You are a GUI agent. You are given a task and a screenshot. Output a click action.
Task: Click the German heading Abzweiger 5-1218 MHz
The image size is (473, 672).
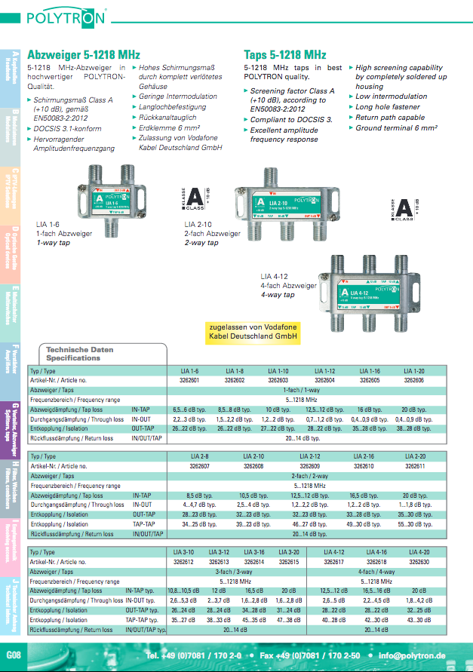84,55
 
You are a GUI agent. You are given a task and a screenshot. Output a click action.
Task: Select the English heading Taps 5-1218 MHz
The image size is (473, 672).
285,55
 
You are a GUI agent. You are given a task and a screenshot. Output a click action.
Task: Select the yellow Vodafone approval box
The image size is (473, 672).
253,331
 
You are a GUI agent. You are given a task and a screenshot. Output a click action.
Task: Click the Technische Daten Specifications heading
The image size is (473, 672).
79,354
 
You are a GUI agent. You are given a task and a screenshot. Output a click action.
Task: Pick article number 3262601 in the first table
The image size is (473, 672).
189,381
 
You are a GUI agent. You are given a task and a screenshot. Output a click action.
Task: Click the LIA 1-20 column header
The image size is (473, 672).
413,371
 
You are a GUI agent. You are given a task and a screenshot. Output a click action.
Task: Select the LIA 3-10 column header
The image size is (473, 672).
185,553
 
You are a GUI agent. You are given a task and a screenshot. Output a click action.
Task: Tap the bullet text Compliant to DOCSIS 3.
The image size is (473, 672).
291,119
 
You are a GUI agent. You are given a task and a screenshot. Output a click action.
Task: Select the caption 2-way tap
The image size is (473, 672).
201,243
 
